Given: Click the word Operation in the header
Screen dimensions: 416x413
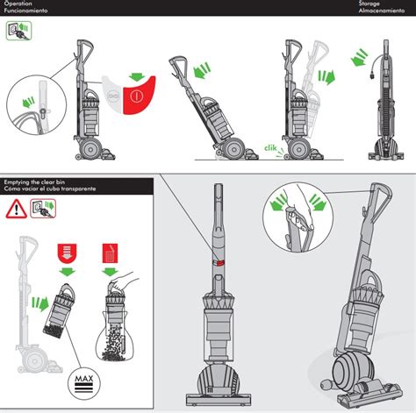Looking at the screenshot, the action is point(18,4).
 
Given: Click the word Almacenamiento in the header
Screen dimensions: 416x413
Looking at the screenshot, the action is point(382,11).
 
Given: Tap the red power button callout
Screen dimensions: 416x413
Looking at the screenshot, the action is point(139,96).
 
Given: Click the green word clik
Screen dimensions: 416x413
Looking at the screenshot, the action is point(270,148).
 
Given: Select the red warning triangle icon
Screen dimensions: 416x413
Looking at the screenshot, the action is point(17,209).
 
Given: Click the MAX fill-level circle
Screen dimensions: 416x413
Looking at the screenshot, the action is point(84,383).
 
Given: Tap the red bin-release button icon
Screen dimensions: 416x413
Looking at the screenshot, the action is point(68,253).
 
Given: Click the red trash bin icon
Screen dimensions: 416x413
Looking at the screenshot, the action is point(110,253).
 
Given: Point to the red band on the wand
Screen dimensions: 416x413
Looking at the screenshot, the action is point(219,263).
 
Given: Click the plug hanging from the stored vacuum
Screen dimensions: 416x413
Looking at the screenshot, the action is point(374,76).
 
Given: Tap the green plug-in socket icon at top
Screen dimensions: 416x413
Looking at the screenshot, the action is point(18,31).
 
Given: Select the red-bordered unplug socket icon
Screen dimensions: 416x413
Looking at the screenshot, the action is point(43,209).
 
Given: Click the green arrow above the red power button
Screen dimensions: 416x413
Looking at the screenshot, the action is point(137,77).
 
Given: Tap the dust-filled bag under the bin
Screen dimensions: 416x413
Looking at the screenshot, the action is point(115,336).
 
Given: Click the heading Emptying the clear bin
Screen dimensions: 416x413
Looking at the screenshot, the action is point(34,182).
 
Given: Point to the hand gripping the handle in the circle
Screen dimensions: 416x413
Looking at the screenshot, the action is point(305,209).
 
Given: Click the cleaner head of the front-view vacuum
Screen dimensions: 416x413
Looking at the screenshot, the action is point(219,400).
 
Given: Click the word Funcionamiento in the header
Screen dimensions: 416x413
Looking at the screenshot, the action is point(25,11).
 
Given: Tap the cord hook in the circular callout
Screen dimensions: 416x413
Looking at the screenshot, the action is point(43,111).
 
